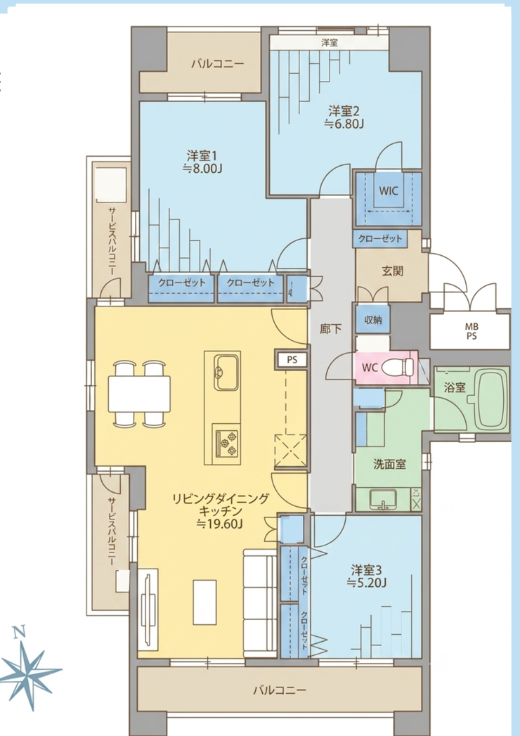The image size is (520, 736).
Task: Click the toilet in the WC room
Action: coord(398,366)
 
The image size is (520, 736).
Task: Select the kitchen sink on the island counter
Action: coord(227,373)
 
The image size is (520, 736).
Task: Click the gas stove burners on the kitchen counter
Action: coord(227,441)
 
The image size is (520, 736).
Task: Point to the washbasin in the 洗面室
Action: coord(383,499)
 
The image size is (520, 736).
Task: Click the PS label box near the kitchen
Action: coord(292,360)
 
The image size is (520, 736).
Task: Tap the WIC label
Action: coord(389,191)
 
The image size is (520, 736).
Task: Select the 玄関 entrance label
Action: coord(392,271)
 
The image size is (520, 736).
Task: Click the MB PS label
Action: coord(472,331)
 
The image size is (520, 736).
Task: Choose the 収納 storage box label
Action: coord(373,320)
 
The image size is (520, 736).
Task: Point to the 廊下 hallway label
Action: coord(331,328)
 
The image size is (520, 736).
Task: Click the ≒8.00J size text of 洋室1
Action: coord(202,169)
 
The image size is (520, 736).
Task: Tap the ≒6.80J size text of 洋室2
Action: coord(345,124)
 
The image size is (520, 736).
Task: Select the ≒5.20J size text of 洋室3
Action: coord(367,583)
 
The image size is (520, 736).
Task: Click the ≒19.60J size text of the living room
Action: coord(221,524)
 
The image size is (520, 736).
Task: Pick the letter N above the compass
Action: coord(18,633)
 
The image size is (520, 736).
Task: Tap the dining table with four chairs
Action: coord(139,394)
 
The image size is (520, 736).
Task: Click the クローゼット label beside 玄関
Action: coord(380,238)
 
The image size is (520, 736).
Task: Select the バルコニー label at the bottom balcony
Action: coord(280,690)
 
